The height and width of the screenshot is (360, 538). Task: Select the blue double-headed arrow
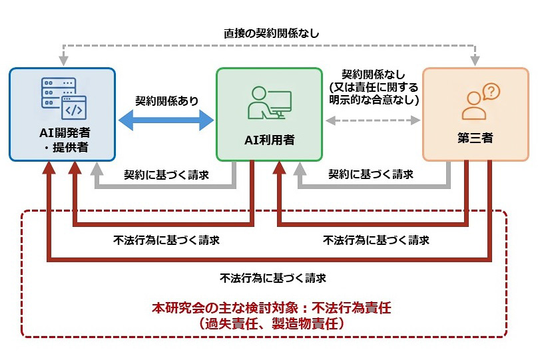coord(166,120)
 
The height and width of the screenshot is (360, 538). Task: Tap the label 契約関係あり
coord(166,100)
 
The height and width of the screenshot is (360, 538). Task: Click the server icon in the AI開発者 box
coord(59,96)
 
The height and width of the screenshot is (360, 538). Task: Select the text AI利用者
coord(269,140)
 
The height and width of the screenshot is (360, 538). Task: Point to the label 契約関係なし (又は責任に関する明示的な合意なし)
coord(373,87)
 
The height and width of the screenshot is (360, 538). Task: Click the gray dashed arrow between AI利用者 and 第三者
coord(373,120)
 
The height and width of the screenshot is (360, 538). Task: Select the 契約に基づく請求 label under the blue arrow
coord(166,175)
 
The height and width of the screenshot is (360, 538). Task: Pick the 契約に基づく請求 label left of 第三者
coord(371,175)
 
